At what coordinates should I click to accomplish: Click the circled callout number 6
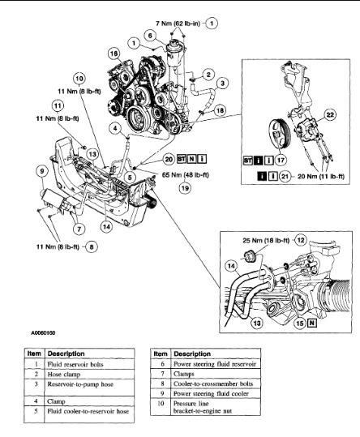(150, 36)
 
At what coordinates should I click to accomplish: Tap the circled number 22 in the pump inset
(330, 115)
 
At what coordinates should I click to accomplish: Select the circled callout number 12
(300, 240)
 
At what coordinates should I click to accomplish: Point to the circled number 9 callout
(42, 170)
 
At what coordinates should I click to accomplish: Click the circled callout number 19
(185, 188)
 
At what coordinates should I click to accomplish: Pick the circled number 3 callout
(222, 83)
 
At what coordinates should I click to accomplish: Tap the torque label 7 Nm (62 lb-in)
(178, 24)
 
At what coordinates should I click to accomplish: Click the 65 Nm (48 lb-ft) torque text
(186, 175)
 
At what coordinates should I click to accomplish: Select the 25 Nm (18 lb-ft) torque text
(266, 240)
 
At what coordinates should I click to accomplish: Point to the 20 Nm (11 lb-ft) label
(321, 177)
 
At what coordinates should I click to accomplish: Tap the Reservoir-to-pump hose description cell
(89, 388)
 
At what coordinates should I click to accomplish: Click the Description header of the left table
(66, 353)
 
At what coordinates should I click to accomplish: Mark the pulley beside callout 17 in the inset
(280, 135)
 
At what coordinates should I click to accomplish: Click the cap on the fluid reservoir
(174, 44)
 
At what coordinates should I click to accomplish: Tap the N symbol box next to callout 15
(312, 323)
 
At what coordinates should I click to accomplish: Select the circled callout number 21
(285, 177)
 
